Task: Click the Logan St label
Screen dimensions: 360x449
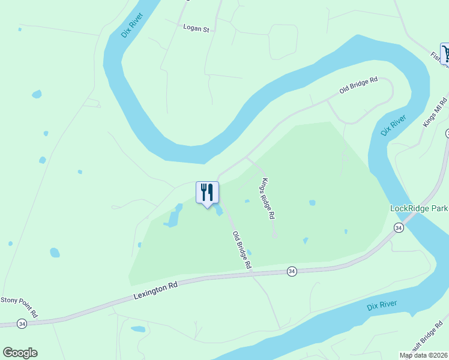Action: pos(196,28)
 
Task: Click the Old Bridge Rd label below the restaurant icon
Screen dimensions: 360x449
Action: pos(242,250)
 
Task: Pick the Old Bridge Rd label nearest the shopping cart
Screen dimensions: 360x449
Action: pos(358,85)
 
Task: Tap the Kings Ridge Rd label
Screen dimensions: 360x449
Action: pos(268,198)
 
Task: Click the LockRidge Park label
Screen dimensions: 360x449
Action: pos(419,208)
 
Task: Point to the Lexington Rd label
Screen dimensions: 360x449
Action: pos(155,293)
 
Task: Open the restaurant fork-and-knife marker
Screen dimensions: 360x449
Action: pos(207,193)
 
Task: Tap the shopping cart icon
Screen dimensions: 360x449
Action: pos(445,53)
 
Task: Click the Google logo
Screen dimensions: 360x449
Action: pos(20,353)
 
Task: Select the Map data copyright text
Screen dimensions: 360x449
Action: pos(424,355)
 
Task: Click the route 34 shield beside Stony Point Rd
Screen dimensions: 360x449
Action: pos(22,324)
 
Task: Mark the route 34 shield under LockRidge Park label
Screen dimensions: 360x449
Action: pos(399,227)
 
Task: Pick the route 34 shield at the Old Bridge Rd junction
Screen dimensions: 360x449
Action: pos(291,271)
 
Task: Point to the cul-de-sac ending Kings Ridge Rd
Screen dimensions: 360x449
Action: pos(275,236)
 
